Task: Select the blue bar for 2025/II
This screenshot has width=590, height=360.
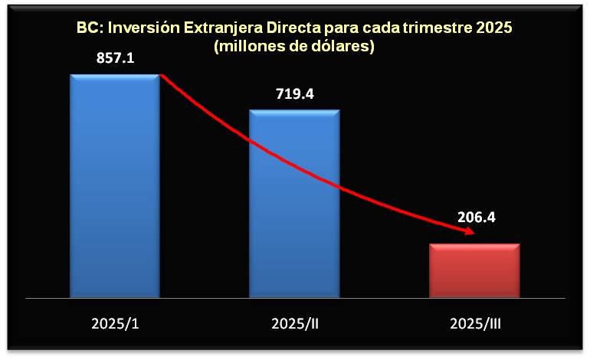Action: [294, 203]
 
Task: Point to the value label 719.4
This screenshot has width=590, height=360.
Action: [294, 94]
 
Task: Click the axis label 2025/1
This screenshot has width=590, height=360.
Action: [114, 322]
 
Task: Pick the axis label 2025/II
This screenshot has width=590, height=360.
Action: [294, 322]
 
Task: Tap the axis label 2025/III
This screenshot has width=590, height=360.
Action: [474, 322]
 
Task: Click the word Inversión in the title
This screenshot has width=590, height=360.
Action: [143, 28]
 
